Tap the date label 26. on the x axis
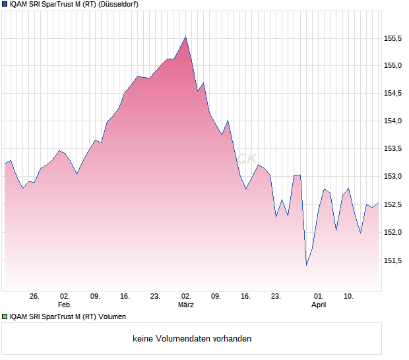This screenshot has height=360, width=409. pos(34,296)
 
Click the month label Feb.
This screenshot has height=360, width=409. pos(64,305)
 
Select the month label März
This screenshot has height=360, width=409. pos(186,305)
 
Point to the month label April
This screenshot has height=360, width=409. pos(319,305)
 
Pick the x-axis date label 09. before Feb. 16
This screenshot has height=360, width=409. pos(95,296)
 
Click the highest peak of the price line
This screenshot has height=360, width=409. pos(186,36)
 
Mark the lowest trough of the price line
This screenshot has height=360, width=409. pos(307,265)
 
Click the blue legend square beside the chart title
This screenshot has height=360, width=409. pos(5,4)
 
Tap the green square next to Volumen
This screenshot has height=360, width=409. pos(5,316)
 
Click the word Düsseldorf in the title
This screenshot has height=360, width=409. pos(119,4)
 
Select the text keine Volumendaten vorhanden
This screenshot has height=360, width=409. pos(192,339)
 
